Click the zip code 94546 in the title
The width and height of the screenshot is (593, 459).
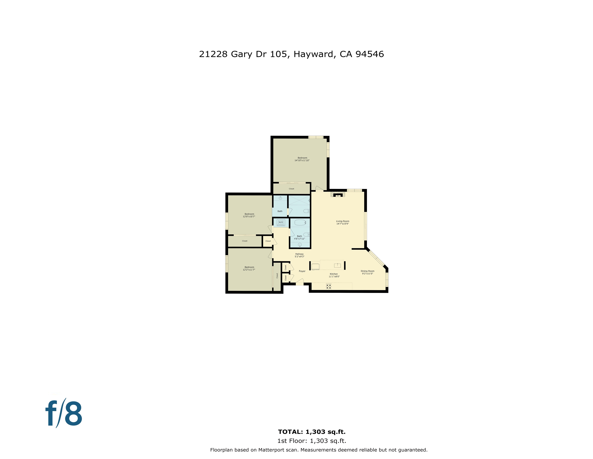[x=370, y=54]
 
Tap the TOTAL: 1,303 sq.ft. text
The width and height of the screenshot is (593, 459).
[x=312, y=432]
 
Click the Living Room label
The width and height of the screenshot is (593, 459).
[x=343, y=221]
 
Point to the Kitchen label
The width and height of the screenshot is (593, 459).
[x=334, y=274]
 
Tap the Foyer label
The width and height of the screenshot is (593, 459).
[x=302, y=271]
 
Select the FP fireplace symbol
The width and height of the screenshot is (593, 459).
[x=338, y=195]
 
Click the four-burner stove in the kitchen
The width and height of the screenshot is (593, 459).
[x=329, y=286]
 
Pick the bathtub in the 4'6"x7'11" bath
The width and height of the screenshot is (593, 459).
[x=300, y=223]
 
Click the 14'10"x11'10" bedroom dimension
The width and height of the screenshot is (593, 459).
[x=302, y=160]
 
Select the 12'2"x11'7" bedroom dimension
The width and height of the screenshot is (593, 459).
[x=249, y=270]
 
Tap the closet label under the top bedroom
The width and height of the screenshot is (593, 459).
[x=291, y=189]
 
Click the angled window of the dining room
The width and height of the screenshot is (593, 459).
[x=377, y=258]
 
